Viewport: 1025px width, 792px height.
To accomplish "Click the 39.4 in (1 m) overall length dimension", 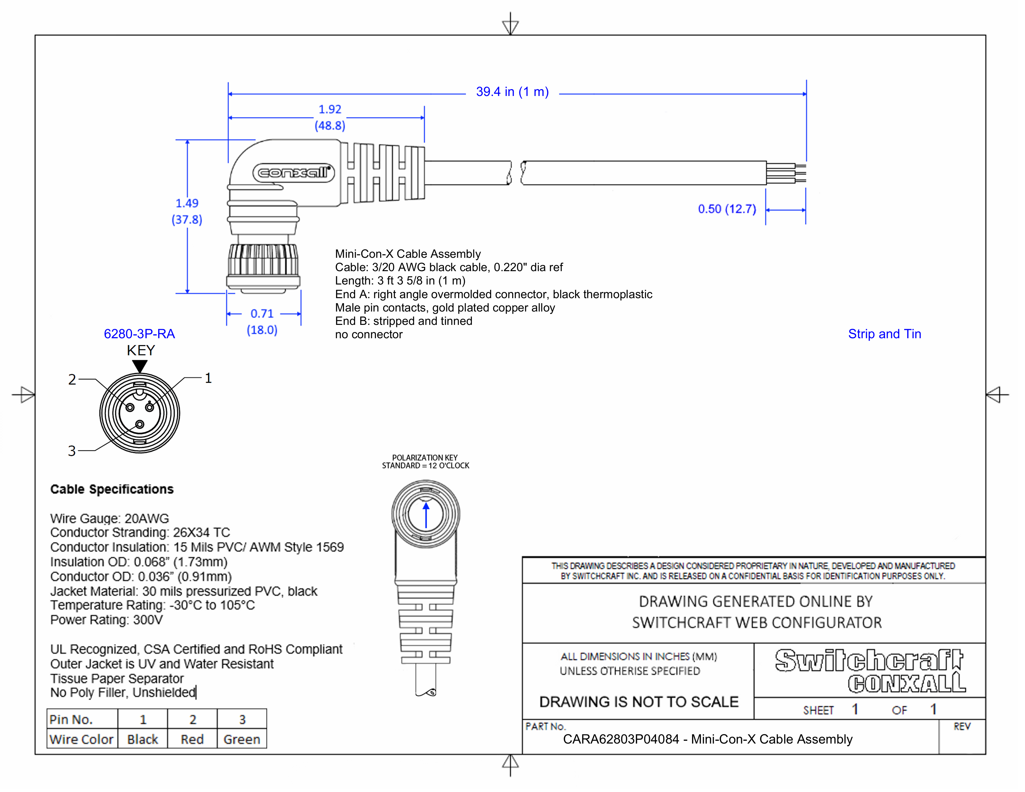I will (512, 92).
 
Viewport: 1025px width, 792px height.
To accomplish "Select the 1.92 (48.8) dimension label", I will (330, 117).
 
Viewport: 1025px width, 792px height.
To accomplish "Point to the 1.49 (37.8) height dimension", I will (187, 212).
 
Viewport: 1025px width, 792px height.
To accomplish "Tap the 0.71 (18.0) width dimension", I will (262, 321).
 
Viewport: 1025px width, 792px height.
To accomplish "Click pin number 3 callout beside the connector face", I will (72, 451).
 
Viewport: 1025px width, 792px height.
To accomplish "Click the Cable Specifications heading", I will (112, 489).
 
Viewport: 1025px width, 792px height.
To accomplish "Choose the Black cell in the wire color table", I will (143, 740).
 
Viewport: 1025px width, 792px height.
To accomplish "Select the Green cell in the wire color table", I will (242, 740).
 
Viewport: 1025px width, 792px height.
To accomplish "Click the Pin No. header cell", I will (71, 719).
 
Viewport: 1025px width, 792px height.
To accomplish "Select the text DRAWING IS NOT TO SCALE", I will (639, 702).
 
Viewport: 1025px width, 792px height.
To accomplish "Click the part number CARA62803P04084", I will (621, 740).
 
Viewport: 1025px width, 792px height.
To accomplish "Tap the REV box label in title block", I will (962, 727).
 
